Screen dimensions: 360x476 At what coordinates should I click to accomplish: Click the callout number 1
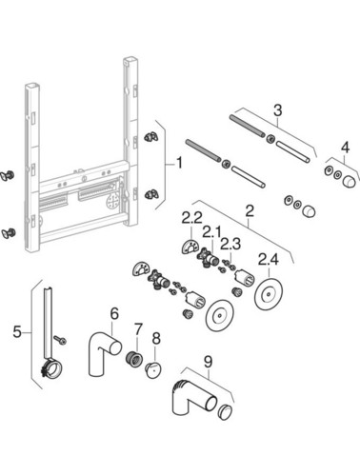tap(179, 164)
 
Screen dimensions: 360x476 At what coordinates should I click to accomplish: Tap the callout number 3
tap(277, 110)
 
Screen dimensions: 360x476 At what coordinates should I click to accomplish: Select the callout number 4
tap(345, 148)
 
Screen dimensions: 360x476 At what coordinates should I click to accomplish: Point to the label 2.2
tap(191, 218)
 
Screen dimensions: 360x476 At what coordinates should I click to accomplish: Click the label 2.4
tap(269, 259)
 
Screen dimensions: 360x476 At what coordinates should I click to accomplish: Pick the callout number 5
tap(17, 332)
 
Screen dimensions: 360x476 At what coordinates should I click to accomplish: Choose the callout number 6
tap(114, 313)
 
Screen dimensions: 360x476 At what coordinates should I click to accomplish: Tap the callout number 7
tap(138, 329)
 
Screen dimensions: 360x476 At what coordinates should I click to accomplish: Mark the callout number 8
tap(156, 339)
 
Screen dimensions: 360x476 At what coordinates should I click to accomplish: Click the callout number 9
tap(208, 362)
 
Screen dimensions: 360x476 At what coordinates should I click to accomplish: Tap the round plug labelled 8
tap(153, 370)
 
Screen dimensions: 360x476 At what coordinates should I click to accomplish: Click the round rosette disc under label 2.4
tap(269, 294)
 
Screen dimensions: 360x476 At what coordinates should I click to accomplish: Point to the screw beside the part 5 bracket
tap(60, 340)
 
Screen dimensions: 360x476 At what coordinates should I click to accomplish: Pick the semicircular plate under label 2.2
tap(190, 247)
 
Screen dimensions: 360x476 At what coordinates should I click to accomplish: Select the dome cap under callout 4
tap(350, 183)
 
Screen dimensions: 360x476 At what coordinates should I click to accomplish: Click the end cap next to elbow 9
tap(225, 412)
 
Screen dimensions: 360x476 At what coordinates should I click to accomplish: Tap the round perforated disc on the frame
tap(112, 201)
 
